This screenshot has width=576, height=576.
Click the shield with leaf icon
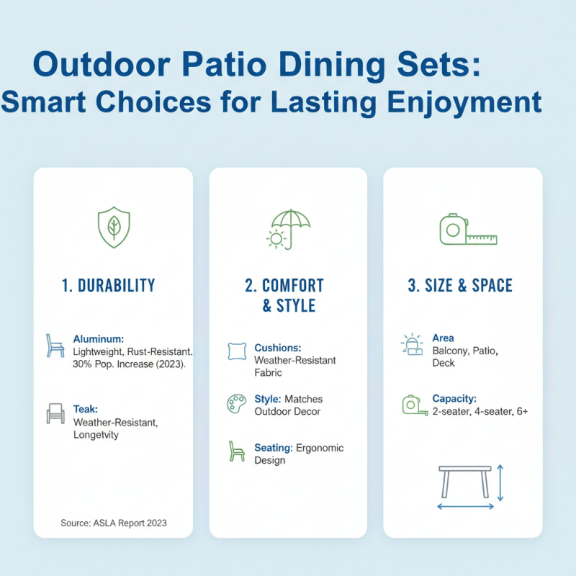tap(113, 228)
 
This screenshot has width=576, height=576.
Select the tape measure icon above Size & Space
tap(467, 230)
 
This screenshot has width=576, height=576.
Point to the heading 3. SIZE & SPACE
tap(460, 285)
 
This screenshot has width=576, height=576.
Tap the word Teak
tap(86, 408)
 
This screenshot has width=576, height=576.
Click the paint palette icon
tap(235, 403)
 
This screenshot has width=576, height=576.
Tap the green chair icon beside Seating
tap(235, 452)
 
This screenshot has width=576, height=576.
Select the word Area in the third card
tap(443, 338)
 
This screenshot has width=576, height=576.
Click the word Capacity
tap(455, 398)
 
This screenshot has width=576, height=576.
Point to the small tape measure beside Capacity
tap(410, 404)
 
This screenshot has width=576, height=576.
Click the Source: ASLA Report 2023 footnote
tap(114, 523)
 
